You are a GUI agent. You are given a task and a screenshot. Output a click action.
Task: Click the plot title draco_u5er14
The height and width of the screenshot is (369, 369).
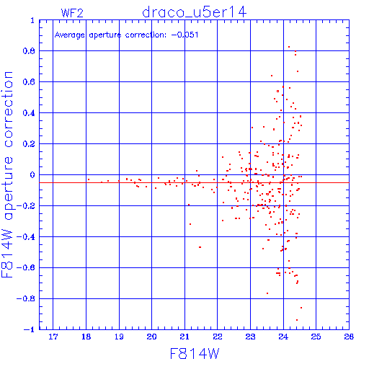pos(194,12)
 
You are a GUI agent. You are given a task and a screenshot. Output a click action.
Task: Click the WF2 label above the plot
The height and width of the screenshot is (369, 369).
pos(72,13)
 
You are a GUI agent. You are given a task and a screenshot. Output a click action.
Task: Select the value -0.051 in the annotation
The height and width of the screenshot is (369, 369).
pos(185,35)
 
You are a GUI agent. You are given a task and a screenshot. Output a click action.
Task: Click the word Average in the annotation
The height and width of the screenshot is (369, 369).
pos(70,35)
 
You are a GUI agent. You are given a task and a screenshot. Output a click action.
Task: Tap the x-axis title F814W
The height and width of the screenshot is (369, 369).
pos(195,354)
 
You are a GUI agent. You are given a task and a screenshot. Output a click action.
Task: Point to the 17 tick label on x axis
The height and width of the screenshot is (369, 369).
pos(53,337)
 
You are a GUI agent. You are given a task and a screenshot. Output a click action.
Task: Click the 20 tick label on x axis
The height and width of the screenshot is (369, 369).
pos(152,337)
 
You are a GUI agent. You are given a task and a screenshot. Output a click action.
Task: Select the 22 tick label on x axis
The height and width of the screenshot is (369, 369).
pos(218,337)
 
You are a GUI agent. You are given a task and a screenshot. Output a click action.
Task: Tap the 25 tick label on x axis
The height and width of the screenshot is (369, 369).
pos(316,337)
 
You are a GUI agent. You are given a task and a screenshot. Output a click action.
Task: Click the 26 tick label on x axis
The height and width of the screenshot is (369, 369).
pos(349,337)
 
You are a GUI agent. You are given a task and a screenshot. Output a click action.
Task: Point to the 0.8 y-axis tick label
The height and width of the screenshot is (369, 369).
pos(29,51)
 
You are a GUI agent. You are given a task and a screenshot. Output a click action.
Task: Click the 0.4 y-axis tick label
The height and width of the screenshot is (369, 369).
pos(29,113)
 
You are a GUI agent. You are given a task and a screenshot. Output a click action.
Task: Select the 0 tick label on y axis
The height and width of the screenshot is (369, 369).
pos(32,175)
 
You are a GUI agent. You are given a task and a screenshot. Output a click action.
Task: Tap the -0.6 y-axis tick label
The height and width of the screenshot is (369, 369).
pos(26,267)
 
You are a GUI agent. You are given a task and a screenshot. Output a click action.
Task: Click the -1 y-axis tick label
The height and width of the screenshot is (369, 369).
pos(30,329)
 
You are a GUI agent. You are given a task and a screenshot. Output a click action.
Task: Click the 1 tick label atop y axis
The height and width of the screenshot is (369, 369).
pos(32,21)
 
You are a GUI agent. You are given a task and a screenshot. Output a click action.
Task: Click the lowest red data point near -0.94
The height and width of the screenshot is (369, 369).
pos(297,320)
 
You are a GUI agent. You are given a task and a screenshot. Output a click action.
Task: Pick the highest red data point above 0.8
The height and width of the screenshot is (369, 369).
pos(289,47)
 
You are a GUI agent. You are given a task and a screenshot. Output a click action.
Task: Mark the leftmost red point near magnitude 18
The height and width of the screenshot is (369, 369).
pos(89,179)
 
